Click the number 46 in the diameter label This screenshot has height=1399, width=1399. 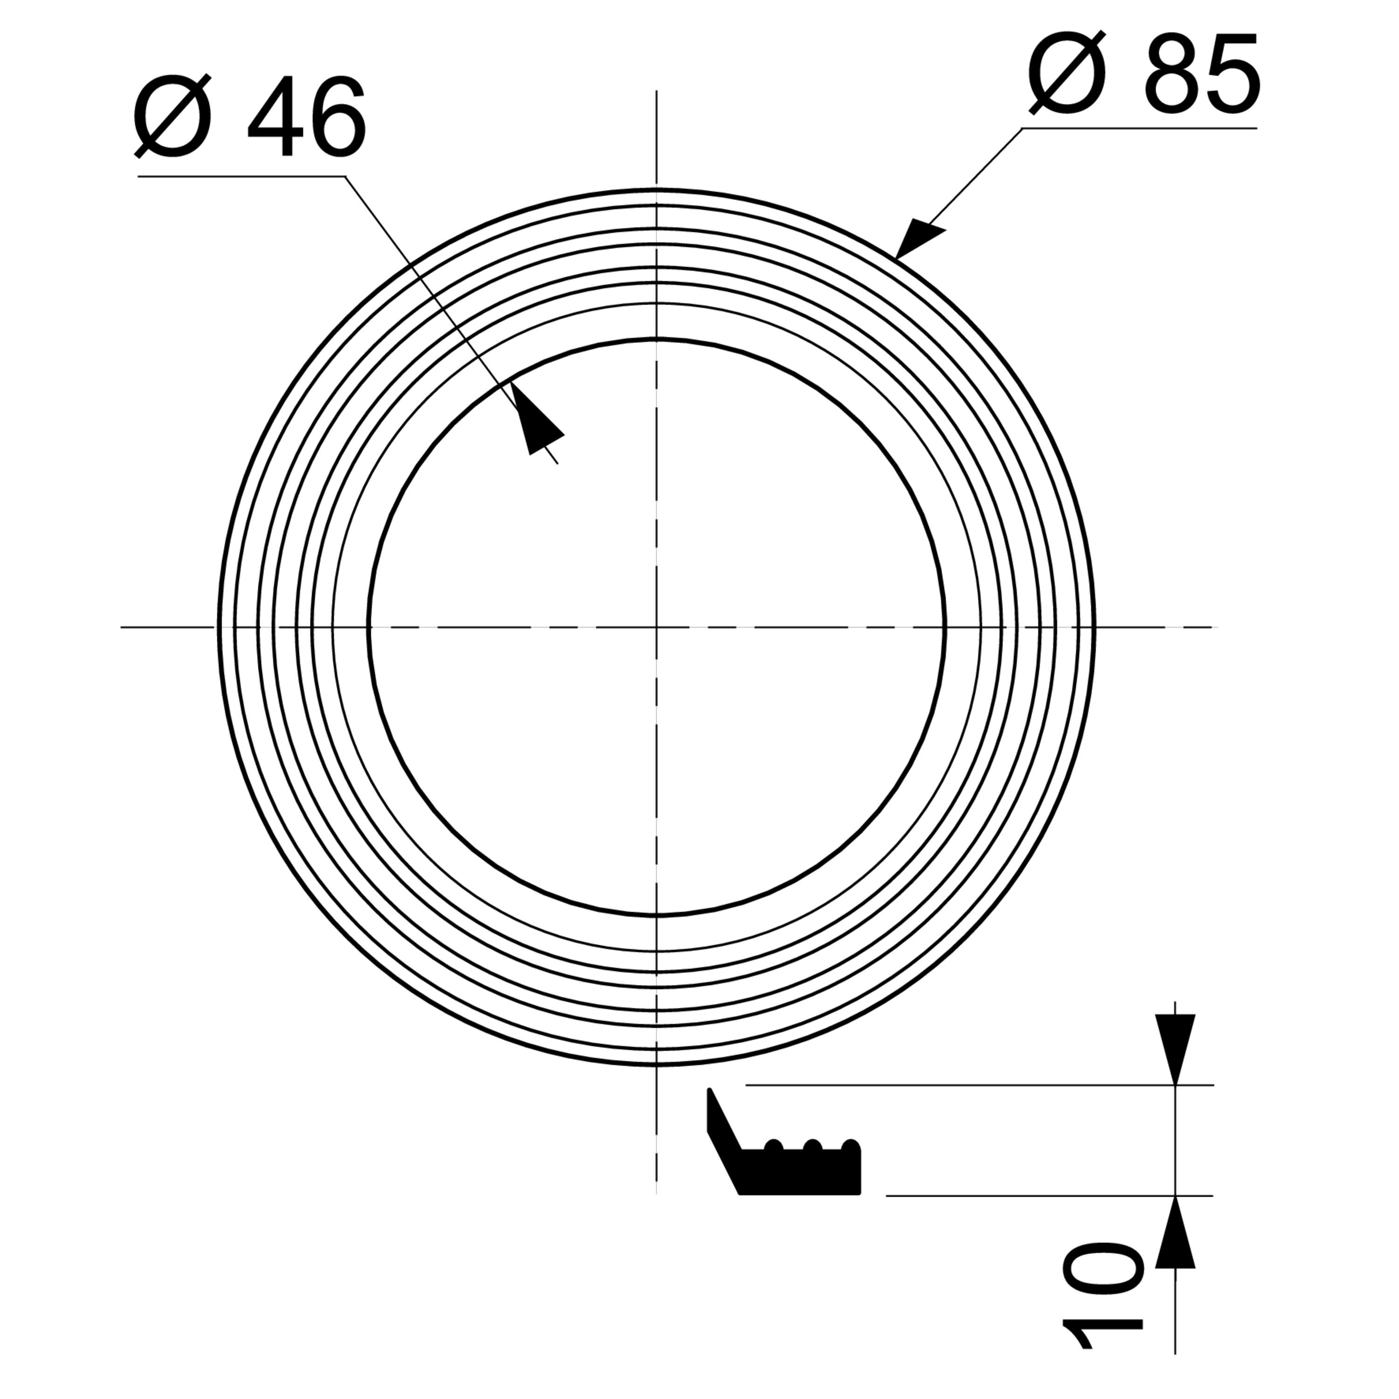(307, 116)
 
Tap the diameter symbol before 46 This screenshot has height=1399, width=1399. (173, 116)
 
